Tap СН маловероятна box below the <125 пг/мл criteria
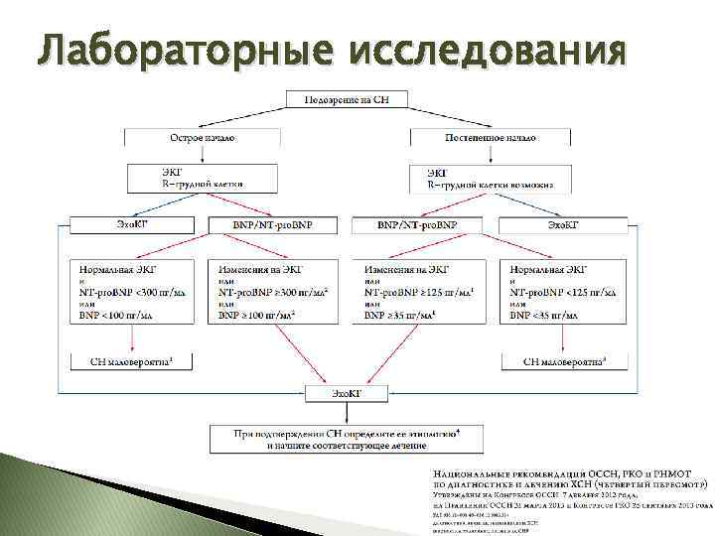(562, 363)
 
